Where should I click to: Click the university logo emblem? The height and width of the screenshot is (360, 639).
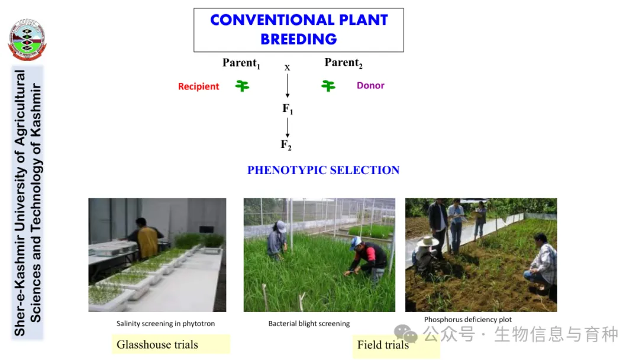(27, 40)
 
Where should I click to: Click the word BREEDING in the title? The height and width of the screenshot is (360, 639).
(299, 39)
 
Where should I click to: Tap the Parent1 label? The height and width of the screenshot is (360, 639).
(241, 63)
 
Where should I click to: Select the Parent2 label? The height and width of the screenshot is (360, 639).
(344, 63)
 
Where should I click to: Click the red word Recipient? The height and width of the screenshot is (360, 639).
(198, 86)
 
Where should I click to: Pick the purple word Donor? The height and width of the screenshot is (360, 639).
(370, 85)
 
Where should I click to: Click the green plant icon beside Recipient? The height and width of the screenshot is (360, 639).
(242, 86)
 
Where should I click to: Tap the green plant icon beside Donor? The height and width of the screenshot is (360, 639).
(328, 86)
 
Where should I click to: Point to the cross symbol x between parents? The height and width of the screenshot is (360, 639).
(288, 67)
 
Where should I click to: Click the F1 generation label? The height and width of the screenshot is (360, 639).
(288, 109)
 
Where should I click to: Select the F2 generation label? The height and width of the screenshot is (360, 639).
(286, 144)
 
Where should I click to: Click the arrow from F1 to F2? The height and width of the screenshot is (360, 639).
(288, 128)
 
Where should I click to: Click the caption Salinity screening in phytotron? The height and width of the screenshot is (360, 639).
(166, 323)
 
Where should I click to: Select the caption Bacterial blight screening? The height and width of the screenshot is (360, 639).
(309, 323)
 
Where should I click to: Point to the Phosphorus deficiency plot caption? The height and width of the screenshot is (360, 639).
(468, 320)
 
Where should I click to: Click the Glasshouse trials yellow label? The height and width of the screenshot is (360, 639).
(171, 344)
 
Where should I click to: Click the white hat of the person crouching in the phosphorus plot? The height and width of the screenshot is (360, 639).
(427, 241)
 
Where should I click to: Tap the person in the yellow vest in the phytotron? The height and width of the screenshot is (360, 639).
(146, 240)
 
